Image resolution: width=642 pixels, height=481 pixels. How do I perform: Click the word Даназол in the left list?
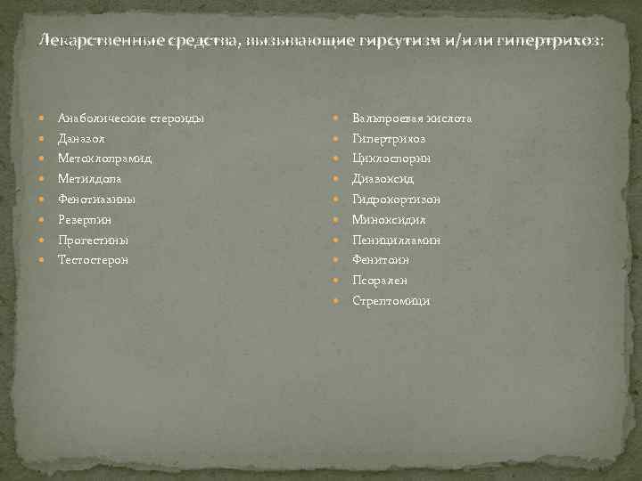[82, 139]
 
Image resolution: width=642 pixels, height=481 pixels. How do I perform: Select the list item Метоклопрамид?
[104, 159]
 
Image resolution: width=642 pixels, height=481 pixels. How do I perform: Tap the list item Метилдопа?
[90, 179]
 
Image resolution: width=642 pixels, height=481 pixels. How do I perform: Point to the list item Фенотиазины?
[96, 200]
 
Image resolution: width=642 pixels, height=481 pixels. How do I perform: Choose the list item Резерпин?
[85, 219]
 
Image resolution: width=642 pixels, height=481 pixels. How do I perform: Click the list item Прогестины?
[93, 240]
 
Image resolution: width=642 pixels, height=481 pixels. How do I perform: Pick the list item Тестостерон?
[93, 259]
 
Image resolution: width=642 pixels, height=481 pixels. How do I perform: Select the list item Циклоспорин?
[391, 159]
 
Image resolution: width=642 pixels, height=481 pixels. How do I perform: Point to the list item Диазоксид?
[383, 179]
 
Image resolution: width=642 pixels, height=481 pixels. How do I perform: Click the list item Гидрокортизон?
[396, 200]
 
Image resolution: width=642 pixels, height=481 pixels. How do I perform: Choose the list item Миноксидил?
[389, 219]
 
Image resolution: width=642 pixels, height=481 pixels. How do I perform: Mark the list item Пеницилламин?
[396, 240]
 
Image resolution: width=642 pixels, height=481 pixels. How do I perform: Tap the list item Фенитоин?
[381, 260]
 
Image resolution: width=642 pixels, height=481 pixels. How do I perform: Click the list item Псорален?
[380, 280]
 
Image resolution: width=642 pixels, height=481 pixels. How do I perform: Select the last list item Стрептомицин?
[391, 300]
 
